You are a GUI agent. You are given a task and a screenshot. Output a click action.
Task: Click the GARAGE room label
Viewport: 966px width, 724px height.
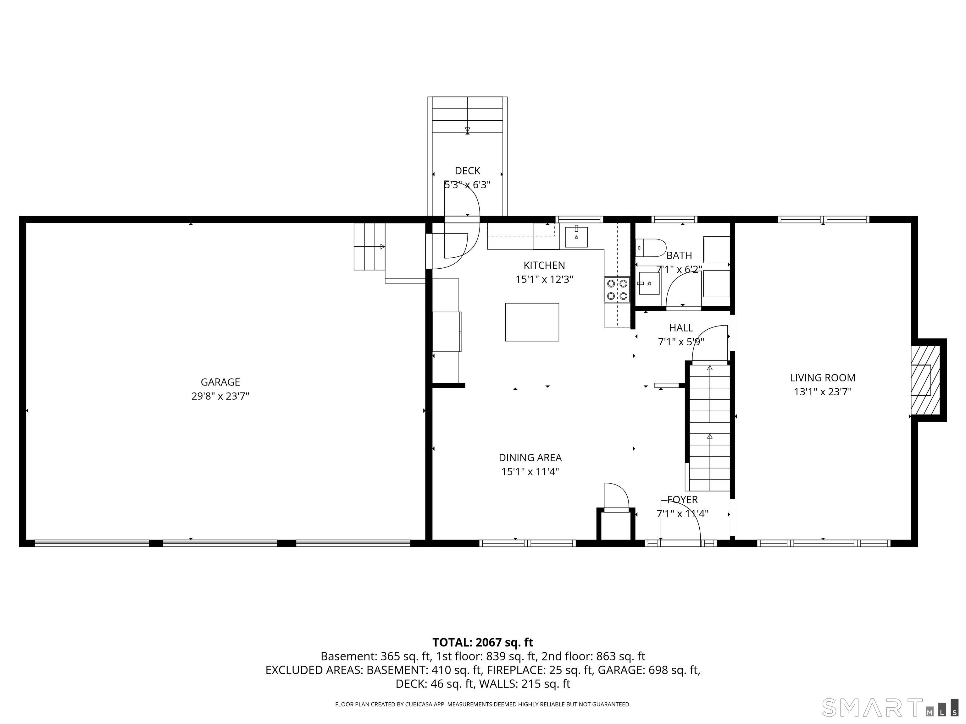(220, 382)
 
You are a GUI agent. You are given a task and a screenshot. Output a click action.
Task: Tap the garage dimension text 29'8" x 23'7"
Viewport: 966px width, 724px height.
(220, 396)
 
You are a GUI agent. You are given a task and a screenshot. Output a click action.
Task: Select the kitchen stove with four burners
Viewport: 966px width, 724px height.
(617, 290)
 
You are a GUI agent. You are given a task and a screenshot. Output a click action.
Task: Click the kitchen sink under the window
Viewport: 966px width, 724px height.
(576, 237)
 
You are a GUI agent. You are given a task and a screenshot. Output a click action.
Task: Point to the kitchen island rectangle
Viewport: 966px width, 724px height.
(532, 322)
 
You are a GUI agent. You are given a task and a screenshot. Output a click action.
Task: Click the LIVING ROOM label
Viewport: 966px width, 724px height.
(822, 378)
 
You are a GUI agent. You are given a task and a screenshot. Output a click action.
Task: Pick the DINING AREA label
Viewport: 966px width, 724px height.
(530, 458)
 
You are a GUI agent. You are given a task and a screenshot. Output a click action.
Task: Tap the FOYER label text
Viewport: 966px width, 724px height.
(682, 500)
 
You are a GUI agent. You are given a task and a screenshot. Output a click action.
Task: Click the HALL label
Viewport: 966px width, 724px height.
(681, 328)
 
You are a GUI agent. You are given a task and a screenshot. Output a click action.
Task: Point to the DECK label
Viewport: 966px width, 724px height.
(467, 171)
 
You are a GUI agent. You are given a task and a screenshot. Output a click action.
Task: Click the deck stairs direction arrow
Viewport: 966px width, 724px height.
(467, 130)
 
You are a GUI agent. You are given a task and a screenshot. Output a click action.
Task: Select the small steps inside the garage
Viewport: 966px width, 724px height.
(369, 247)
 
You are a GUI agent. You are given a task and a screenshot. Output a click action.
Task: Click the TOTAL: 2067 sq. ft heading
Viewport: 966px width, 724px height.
(483, 642)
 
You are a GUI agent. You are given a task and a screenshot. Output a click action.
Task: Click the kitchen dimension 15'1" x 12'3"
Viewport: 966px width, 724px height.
(544, 279)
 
